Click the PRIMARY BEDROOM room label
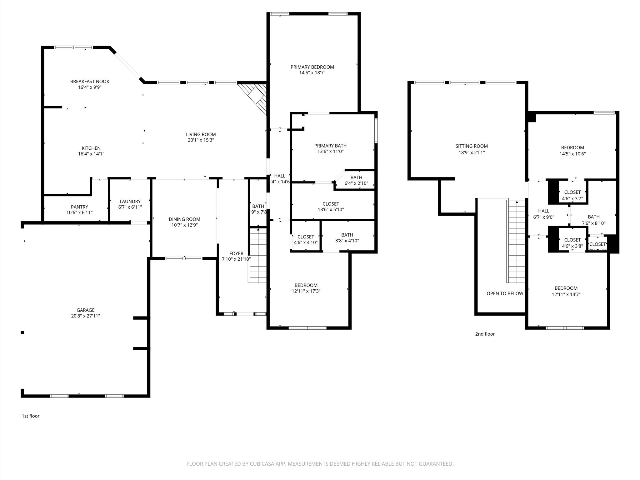312,67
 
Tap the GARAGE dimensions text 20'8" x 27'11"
85,316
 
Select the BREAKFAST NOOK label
90,82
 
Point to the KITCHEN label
91,148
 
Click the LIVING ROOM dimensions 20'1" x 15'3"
201,140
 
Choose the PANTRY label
79,207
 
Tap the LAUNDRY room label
130,202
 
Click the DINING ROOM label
184,219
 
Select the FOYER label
236,253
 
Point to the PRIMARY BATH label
330,146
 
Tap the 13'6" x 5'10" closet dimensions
331,210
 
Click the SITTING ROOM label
472,146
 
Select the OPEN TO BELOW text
505,293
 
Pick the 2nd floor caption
485,334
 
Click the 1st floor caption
31,416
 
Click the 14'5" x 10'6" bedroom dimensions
572,154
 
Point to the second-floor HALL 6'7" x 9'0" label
543,211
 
